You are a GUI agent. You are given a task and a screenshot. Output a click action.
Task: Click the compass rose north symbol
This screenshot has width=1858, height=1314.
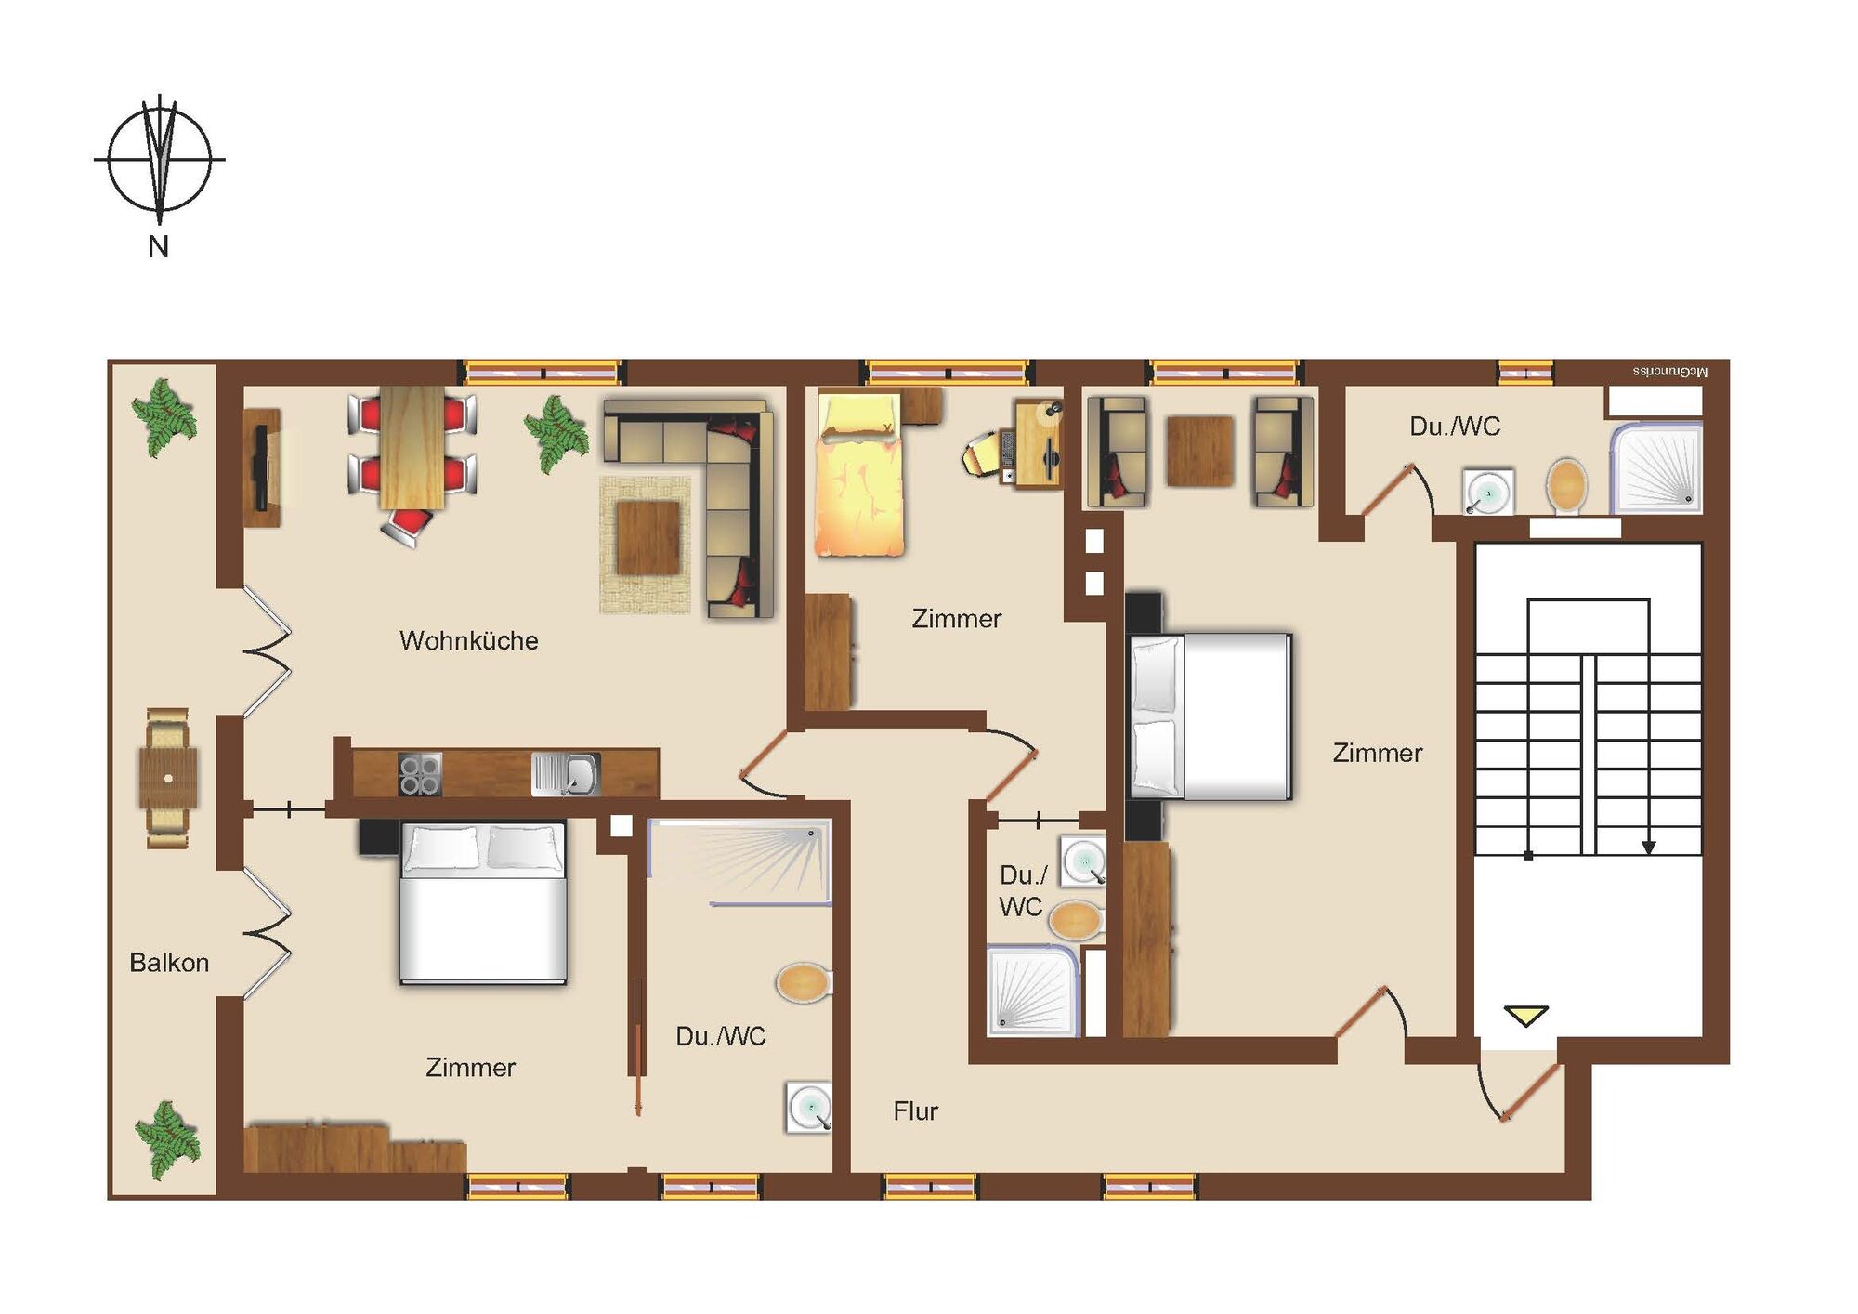coord(160,160)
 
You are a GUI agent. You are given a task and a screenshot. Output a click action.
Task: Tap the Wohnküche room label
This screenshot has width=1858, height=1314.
coord(469,640)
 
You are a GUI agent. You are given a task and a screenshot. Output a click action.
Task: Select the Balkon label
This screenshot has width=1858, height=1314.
coord(169,962)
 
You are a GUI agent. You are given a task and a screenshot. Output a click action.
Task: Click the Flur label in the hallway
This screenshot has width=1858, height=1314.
coord(916,1110)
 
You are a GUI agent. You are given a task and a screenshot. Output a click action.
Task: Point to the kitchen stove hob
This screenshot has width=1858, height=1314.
coord(419,774)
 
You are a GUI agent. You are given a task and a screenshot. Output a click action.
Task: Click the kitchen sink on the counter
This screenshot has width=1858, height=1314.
coord(566,774)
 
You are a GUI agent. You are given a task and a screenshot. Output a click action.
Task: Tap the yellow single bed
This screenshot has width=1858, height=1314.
coord(859,475)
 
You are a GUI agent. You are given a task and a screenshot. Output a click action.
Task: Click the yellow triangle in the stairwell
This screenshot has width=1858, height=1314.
coord(1525,1016)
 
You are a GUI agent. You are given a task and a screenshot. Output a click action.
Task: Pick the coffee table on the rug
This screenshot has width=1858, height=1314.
coord(648,537)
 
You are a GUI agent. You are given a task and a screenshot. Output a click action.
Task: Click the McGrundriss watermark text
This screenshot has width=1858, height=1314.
coord(1670,372)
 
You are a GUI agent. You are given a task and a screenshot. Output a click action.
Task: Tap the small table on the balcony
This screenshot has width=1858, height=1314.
coord(168,778)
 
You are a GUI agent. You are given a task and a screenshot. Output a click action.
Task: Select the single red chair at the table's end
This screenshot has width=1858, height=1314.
coord(407,527)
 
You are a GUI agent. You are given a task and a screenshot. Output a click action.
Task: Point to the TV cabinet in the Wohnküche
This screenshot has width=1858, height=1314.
coord(262,467)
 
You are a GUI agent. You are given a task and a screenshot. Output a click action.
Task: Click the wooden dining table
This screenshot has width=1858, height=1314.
coord(412,448)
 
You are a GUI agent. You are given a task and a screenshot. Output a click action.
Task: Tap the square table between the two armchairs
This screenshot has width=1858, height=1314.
coord(1200,452)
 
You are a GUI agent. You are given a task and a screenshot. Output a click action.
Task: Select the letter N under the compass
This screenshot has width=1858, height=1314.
coord(159,247)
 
